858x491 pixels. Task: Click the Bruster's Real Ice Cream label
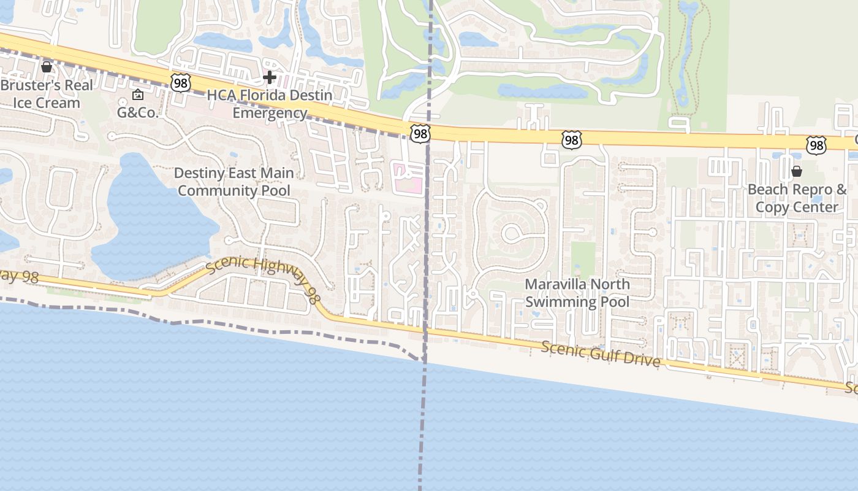click(x=47, y=94)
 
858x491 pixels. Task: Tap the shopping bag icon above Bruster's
click(x=47, y=66)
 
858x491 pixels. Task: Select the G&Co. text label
click(x=138, y=113)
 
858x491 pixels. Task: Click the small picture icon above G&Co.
click(x=138, y=95)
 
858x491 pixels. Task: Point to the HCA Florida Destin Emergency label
click(x=270, y=104)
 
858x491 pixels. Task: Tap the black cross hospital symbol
click(x=269, y=77)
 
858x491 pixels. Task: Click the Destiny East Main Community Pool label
click(x=233, y=182)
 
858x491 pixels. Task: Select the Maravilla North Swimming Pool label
click(x=577, y=293)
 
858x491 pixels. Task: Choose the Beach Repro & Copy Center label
click(x=796, y=198)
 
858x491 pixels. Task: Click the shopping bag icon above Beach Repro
click(x=797, y=171)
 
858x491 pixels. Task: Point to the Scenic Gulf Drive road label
click(x=601, y=354)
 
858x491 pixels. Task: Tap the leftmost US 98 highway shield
click(x=181, y=83)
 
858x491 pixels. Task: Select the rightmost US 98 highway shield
click(x=816, y=145)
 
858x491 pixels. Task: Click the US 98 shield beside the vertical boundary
click(x=421, y=134)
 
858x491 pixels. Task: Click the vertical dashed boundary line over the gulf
click(x=421, y=430)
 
